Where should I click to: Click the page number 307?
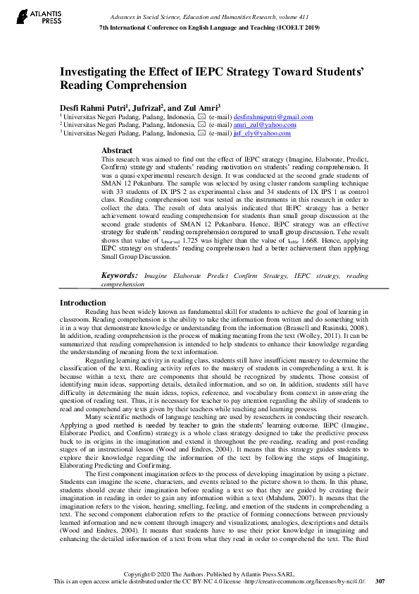click(381, 581)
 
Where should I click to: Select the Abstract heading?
click(116, 150)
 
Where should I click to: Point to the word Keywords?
click(120, 276)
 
